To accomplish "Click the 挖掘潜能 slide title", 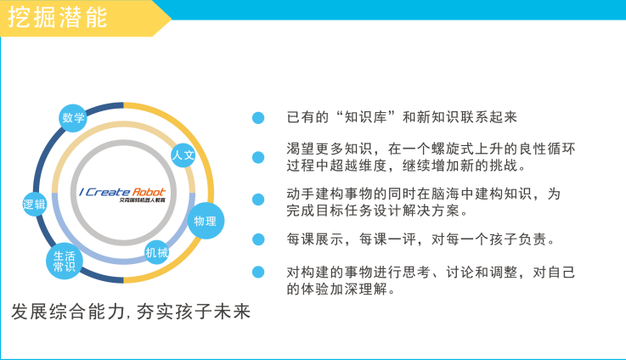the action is pyautogui.click(x=58, y=17).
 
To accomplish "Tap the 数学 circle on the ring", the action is pyautogui.click(x=73, y=118).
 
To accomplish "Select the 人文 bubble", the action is pyautogui.click(x=183, y=155).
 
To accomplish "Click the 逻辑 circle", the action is pyautogui.click(x=34, y=205).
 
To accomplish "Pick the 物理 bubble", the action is pyautogui.click(x=206, y=221).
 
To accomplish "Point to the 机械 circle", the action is pyautogui.click(x=156, y=253).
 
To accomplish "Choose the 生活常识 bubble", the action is pyautogui.click(x=65, y=261).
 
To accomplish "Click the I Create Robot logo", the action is pyautogui.click(x=122, y=194).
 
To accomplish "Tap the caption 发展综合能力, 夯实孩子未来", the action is pyautogui.click(x=131, y=312).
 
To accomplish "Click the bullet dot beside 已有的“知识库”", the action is pyautogui.click(x=258, y=118).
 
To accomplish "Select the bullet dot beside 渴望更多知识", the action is pyautogui.click(x=258, y=157).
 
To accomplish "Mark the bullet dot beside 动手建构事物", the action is pyautogui.click(x=258, y=200).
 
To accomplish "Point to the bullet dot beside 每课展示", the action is pyautogui.click(x=258, y=239).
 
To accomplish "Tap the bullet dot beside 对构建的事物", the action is pyautogui.click(x=258, y=273).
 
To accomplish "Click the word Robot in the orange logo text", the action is pyautogui.click(x=149, y=192).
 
